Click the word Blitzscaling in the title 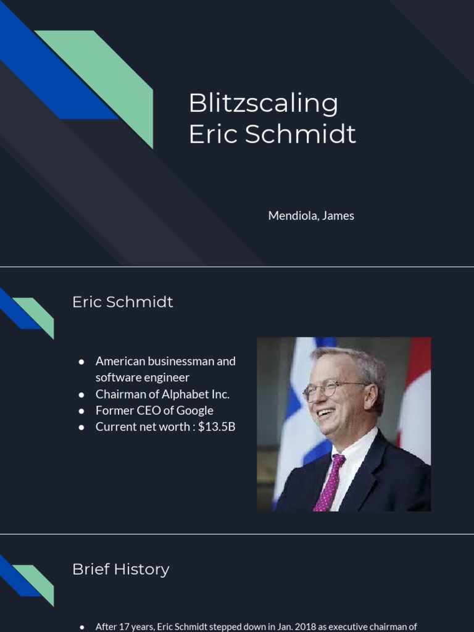point(263,104)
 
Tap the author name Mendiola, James point(311,215)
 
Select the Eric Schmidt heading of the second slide point(122,302)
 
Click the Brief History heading point(120,569)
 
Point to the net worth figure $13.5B point(217,426)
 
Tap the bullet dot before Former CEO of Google point(81,410)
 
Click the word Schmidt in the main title point(300,135)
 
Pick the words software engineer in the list point(142,377)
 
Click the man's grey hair point(364,364)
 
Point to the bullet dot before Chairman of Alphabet point(81,394)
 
